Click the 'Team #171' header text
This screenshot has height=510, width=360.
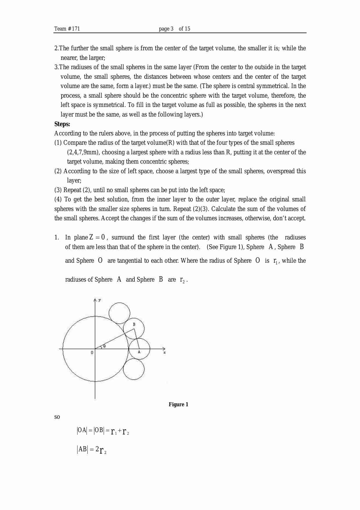(x=67, y=29)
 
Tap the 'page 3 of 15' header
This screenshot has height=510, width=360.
(x=174, y=29)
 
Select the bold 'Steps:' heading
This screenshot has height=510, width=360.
(x=62, y=124)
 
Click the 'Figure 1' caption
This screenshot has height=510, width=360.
(x=178, y=405)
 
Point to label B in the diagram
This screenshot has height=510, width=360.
(x=134, y=324)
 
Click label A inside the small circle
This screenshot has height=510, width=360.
(x=139, y=352)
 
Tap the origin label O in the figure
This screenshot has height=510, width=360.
(x=92, y=352)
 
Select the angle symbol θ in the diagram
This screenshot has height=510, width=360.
(x=104, y=346)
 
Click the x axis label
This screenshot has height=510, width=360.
(x=165, y=352)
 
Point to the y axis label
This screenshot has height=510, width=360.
(x=100, y=300)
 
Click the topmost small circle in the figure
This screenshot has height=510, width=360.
(x=119, y=313)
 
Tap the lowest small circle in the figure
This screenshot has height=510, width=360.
(x=134, y=369)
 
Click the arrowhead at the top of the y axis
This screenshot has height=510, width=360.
(x=95, y=300)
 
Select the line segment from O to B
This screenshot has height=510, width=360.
(x=115, y=339)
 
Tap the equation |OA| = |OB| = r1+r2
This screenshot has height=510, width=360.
(x=103, y=431)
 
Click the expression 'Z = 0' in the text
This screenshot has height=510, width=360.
(x=97, y=237)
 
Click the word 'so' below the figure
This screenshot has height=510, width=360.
(x=57, y=417)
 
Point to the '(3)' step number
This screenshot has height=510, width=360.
(x=58, y=190)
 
